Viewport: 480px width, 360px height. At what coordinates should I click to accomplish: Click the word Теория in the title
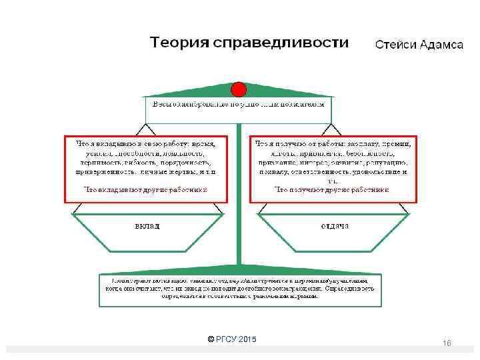[179, 43]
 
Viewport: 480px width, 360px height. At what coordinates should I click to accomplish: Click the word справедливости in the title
[280, 43]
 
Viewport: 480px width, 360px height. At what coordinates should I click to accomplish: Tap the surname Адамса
[441, 45]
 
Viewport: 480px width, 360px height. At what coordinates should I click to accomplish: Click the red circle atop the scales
[239, 89]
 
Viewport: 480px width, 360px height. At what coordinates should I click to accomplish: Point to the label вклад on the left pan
[148, 225]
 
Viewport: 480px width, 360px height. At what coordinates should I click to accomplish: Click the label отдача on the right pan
[335, 225]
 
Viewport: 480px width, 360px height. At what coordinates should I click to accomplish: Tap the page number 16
[447, 342]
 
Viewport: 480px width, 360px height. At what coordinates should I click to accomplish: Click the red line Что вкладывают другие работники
[145, 189]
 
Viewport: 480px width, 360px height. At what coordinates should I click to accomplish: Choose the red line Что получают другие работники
[332, 189]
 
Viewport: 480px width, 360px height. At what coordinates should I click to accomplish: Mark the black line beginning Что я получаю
[332, 143]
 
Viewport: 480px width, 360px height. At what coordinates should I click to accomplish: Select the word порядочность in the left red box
[185, 161]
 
